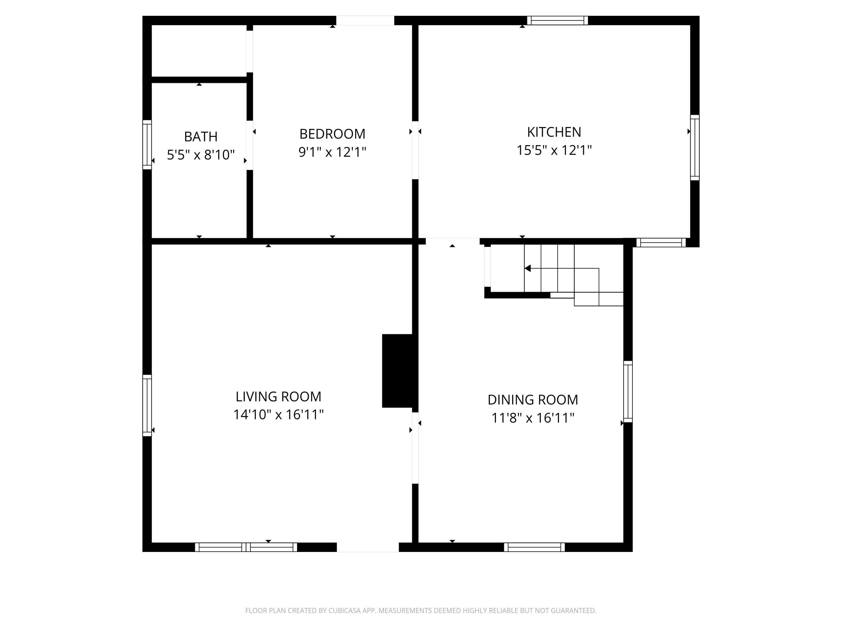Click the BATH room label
[201, 137]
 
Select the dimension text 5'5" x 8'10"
[201, 155]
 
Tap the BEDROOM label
[332, 134]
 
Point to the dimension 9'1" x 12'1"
[332, 152]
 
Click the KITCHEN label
[554, 132]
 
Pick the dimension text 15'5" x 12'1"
[554, 150]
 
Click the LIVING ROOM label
[278, 397]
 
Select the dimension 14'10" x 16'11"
[278, 415]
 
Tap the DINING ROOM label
[532, 400]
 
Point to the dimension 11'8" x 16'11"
[532, 418]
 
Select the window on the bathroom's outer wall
[147, 144]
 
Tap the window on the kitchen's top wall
[557, 20]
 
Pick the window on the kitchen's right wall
[695, 147]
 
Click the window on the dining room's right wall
[628, 391]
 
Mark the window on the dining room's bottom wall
[534, 547]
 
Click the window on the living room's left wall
[147, 405]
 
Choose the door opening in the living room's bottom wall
[367, 547]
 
